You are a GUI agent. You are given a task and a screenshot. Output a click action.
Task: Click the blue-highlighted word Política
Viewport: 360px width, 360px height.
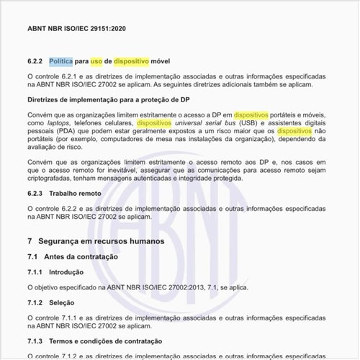pyautogui.click(x=63, y=62)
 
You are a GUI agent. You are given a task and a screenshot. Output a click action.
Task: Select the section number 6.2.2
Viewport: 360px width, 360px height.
pyautogui.click(x=35, y=62)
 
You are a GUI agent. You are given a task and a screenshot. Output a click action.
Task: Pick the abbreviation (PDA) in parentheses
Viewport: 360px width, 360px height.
pyautogui.click(x=63, y=132)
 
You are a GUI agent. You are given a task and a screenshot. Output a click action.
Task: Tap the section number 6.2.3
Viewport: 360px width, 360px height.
pyautogui.click(x=35, y=194)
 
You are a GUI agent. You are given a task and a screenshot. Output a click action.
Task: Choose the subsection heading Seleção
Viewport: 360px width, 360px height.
pyautogui.click(x=62, y=303)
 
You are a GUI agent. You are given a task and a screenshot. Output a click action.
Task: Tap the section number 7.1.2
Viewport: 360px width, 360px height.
pyautogui.click(x=35, y=303)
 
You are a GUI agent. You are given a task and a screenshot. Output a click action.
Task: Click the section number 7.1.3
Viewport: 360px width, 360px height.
pyautogui.click(x=35, y=340)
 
